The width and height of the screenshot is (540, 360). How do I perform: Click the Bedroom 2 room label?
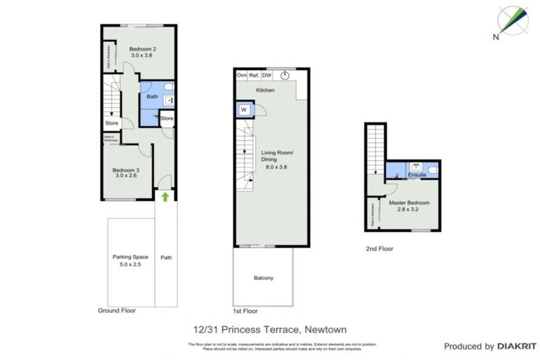click(143, 49)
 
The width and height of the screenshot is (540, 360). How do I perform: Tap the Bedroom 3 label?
click(127, 169)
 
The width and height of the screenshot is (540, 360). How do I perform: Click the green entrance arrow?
click(165, 197)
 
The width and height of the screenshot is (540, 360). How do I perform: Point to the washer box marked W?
click(243, 110)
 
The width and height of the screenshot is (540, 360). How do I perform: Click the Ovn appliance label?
click(242, 75)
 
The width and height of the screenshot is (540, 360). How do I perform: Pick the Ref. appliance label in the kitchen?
click(255, 75)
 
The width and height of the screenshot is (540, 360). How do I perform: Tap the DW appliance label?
click(267, 75)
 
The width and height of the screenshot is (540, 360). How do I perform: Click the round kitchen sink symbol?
click(285, 75)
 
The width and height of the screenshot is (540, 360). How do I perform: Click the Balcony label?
click(264, 278)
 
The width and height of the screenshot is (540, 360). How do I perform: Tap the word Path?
click(166, 257)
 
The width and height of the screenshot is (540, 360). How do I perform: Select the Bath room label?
click(152, 96)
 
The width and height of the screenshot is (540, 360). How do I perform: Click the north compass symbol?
click(513, 22)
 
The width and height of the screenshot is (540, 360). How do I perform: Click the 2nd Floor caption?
click(379, 249)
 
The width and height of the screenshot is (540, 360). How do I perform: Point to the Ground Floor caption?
click(117, 310)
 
